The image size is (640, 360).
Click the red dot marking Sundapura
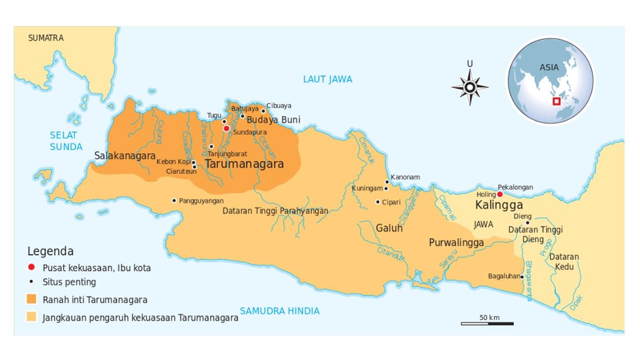coord(226,128)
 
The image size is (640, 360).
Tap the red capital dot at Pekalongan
coord(500,194)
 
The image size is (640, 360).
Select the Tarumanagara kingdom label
coord(244,164)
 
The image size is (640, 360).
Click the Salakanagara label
coord(125,156)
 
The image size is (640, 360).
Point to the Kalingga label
coord(499,205)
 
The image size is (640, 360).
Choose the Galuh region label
coord(389,228)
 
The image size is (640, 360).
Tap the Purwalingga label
coord(456,243)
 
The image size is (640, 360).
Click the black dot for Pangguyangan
coord(174,201)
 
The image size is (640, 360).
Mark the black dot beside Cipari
coord(378,202)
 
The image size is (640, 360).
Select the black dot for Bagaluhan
coord(522,277)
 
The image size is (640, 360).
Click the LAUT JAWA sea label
coord(327,79)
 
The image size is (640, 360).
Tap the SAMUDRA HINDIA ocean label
coord(280,311)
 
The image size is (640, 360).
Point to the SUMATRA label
coord(46,38)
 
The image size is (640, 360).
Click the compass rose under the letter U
coord(469,87)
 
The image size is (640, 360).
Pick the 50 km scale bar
coord(487,323)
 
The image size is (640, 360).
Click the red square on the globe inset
coord(557,101)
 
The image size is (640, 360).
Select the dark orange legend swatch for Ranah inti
coord(32,299)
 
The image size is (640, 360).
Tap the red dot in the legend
coord(31,268)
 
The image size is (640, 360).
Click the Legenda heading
coord(50,251)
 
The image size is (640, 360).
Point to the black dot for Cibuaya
coord(263,111)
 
